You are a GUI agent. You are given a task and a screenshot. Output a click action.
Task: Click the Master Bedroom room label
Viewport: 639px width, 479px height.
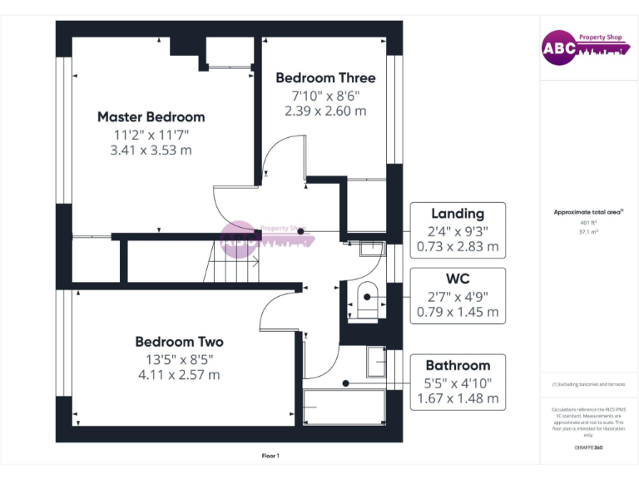coord(151,117)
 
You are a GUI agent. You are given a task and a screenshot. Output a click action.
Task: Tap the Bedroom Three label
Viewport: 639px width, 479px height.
coord(325,78)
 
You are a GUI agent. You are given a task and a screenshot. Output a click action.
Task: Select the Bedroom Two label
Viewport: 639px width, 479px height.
coord(179,342)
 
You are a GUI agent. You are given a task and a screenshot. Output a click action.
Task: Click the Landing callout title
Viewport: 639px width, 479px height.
coord(457,214)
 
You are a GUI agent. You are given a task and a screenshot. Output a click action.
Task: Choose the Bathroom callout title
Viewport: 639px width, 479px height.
coord(458,366)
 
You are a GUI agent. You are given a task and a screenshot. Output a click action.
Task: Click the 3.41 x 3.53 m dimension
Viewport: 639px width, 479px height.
coord(151,151)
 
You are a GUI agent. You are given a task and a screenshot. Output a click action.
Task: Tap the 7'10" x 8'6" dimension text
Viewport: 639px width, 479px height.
coord(325,95)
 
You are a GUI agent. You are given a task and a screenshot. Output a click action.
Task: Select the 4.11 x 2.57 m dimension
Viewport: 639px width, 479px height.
coord(179,375)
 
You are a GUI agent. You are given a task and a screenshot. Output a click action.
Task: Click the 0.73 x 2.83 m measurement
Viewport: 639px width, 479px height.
coord(458,247)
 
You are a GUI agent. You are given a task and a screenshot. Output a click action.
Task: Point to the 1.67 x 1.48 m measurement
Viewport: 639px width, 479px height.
coord(458,399)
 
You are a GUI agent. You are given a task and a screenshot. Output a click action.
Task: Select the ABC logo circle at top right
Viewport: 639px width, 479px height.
coord(559,48)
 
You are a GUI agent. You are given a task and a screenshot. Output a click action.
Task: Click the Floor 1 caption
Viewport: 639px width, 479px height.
coord(270,456)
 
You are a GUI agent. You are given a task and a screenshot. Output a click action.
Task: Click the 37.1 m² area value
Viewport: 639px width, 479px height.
coord(589,233)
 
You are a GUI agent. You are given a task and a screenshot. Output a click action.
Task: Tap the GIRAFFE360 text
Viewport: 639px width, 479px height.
coord(589,448)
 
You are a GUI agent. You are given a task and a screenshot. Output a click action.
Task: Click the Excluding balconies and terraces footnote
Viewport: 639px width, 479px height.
coord(589,385)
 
